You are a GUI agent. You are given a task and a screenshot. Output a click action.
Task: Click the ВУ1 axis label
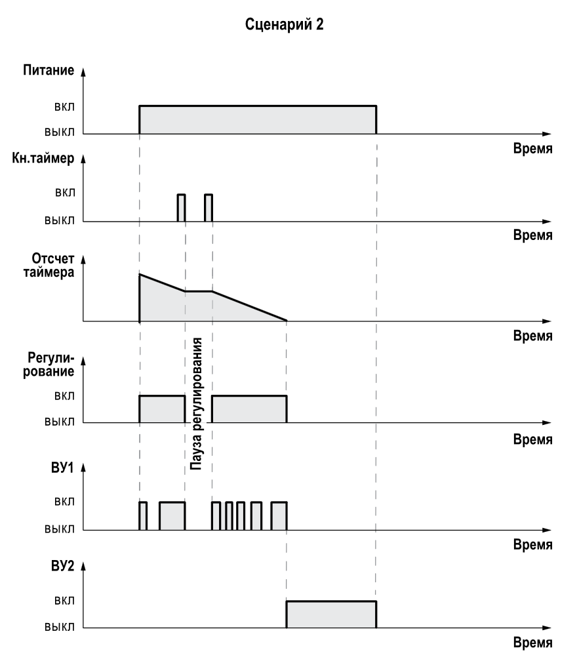[65, 470]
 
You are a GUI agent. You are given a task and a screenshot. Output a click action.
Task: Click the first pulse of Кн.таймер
[181, 208]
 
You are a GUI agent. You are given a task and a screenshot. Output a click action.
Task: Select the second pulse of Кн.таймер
[209, 208]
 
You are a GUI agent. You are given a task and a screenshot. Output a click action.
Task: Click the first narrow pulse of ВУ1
[143, 515]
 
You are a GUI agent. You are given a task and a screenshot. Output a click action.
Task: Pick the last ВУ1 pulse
[279, 515]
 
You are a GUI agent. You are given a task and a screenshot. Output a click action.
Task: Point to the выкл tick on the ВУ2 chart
[60, 627]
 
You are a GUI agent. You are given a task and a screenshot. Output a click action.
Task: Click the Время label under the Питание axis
[532, 148]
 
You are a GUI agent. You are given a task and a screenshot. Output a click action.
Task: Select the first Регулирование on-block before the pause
[162, 409]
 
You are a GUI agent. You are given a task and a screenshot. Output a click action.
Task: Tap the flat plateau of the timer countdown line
[198, 291]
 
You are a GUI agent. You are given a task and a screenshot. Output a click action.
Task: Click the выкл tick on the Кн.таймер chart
[60, 220]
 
